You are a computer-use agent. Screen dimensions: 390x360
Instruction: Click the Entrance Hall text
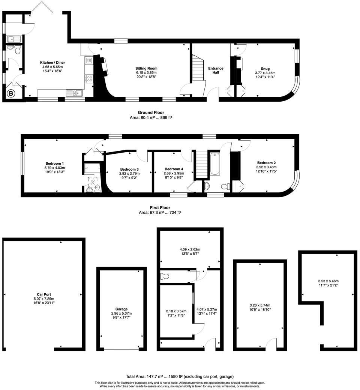click(x=216, y=70)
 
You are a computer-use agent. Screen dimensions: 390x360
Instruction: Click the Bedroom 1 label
click(x=55, y=163)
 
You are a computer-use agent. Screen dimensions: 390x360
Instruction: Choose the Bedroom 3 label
click(x=129, y=169)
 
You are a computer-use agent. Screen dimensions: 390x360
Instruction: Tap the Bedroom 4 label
click(x=174, y=169)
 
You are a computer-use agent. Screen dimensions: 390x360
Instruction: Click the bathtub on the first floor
click(x=215, y=163)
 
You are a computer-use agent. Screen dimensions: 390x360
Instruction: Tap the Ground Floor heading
click(x=150, y=112)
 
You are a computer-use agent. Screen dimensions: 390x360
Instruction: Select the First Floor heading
click(x=160, y=207)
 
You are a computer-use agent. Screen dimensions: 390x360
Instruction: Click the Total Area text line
click(x=180, y=376)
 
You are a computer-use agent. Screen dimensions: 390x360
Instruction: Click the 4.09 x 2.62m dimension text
click(x=190, y=249)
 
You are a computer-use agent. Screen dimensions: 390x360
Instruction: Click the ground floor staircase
click(x=198, y=67)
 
